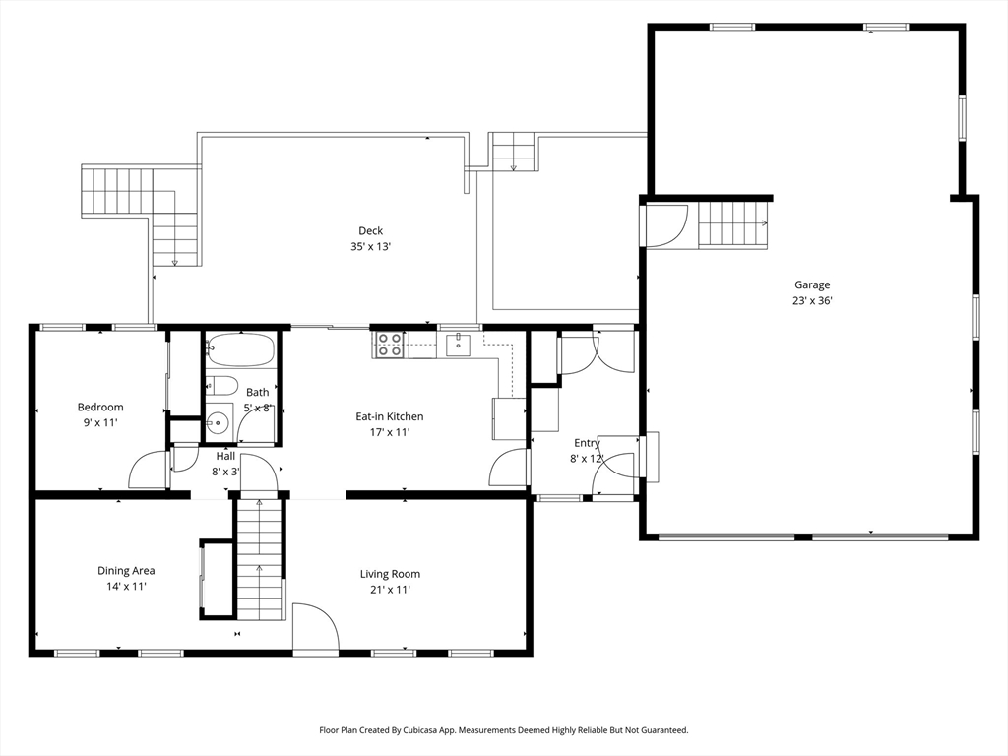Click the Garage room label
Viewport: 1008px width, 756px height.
point(812,284)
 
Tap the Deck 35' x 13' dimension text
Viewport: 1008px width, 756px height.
point(370,246)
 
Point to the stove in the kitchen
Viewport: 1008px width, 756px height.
point(390,344)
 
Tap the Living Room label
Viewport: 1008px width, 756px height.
point(390,574)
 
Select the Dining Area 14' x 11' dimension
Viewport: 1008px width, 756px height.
point(126,587)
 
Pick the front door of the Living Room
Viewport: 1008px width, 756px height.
point(316,629)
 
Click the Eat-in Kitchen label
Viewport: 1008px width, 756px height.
point(390,416)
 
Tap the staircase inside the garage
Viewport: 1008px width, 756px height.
point(733,223)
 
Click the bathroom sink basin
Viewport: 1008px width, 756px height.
point(219,422)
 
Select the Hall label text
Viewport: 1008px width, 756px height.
point(225,456)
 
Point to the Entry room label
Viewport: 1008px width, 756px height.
point(587,443)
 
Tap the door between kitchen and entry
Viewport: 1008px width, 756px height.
point(509,468)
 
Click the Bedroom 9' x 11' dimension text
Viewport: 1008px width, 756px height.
point(100,423)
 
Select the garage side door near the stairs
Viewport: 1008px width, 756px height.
point(665,225)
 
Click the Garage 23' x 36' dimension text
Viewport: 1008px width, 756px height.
point(812,300)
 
